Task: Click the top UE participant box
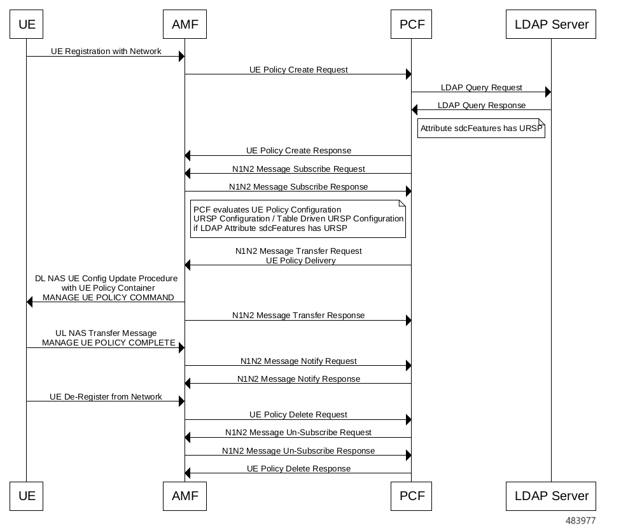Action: [x=27, y=25]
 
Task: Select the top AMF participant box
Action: [x=185, y=25]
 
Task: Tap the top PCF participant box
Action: [x=411, y=25]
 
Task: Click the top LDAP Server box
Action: [x=551, y=25]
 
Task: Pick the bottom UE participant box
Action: [x=27, y=496]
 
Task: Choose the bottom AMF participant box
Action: [x=185, y=496]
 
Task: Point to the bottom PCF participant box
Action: [x=411, y=496]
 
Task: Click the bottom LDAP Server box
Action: [x=551, y=496]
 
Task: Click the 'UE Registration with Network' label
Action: [x=106, y=51]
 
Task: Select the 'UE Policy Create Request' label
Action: [x=298, y=69]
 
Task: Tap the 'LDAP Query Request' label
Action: [x=481, y=87]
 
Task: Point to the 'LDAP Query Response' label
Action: [x=481, y=105]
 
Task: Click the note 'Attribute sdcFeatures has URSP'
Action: [x=482, y=128]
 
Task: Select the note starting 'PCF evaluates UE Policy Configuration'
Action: [x=298, y=219]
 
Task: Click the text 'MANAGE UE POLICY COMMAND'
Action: [x=108, y=297]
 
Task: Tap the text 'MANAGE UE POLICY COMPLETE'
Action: [x=108, y=342]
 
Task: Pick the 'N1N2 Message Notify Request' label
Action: [x=298, y=361]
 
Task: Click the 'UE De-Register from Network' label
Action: [x=106, y=396]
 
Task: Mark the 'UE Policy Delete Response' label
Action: [x=298, y=468]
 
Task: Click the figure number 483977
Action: [x=580, y=520]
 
